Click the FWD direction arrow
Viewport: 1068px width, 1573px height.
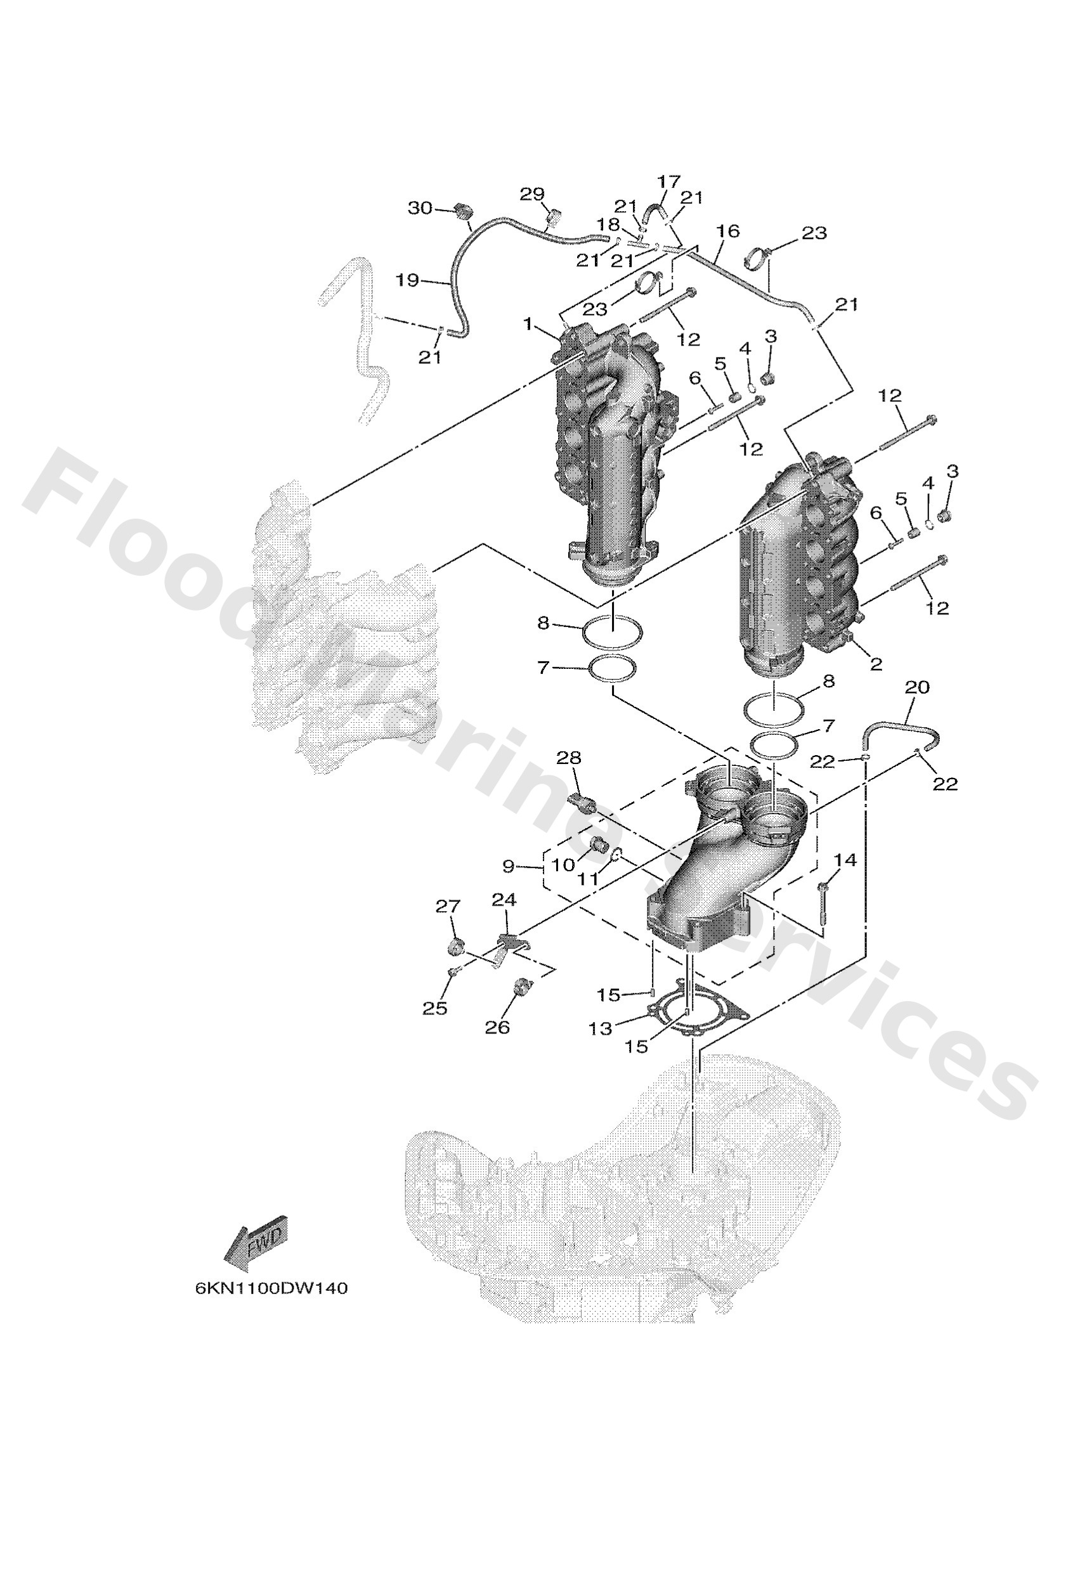tap(256, 1243)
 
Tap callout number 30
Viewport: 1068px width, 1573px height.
tap(420, 208)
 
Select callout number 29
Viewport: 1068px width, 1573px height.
tap(532, 194)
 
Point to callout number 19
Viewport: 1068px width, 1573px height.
tap(408, 280)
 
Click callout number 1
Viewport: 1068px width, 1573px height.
tap(528, 324)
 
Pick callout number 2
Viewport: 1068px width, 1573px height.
tap(876, 664)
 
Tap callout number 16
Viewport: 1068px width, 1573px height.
tap(728, 231)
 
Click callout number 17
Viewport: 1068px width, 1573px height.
tap(668, 181)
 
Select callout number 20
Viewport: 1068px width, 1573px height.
tap(917, 687)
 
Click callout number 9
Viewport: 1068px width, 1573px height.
tap(509, 865)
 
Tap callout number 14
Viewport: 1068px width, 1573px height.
tap(845, 860)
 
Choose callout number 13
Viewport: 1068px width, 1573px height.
tap(600, 1029)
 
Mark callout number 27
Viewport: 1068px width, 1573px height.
tap(448, 905)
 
